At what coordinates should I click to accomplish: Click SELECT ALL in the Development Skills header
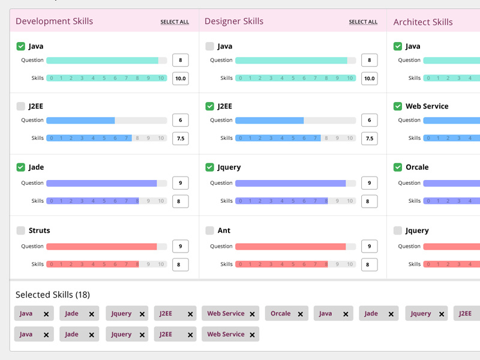point(175,22)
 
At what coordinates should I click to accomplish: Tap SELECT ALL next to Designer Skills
point(363,22)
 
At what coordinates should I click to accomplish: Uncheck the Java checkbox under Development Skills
point(21,46)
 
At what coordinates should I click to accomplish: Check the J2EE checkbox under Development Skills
point(21,106)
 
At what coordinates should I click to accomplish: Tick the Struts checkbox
point(21,230)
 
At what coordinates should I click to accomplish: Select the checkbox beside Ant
point(209,230)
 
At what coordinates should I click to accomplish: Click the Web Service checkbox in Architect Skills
point(398,106)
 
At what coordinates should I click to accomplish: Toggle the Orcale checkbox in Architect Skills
point(398,167)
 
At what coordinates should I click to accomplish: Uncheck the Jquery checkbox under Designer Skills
point(209,167)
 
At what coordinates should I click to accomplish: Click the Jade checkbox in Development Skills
point(21,167)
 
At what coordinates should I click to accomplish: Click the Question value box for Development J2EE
point(181,120)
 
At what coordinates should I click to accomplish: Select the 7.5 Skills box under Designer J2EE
point(369,138)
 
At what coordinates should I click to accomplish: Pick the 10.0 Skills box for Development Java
point(181,78)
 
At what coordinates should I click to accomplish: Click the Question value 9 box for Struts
point(181,246)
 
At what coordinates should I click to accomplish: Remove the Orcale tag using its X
point(299,314)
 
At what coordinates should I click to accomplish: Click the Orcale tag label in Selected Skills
point(280,313)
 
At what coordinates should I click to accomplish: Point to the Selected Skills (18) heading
point(53,295)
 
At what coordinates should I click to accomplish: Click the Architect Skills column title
point(423,22)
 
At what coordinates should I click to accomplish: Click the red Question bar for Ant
point(290,246)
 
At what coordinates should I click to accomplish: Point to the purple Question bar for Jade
point(101,183)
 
